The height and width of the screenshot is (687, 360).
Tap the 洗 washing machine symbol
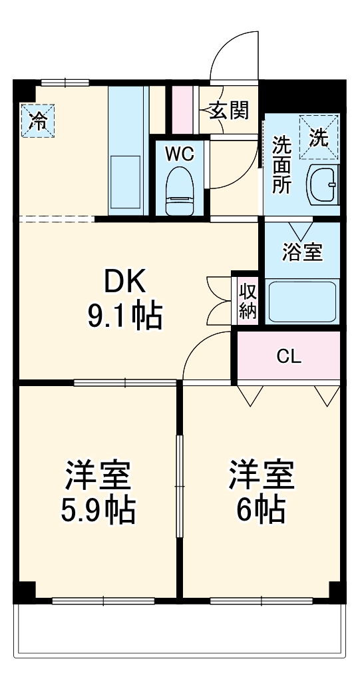319,138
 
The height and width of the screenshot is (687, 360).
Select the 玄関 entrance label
230,111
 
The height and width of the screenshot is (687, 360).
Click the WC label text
179,154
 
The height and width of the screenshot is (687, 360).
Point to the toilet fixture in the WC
179,189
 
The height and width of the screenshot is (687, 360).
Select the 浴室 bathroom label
302,252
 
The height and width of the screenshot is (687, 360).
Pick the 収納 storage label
248,301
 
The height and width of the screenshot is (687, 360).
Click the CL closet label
289,355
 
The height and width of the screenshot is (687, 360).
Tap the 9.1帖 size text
124,317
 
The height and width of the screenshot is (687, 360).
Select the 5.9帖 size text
98,510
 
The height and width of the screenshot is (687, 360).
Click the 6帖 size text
262,510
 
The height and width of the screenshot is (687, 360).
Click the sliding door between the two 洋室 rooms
179,486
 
